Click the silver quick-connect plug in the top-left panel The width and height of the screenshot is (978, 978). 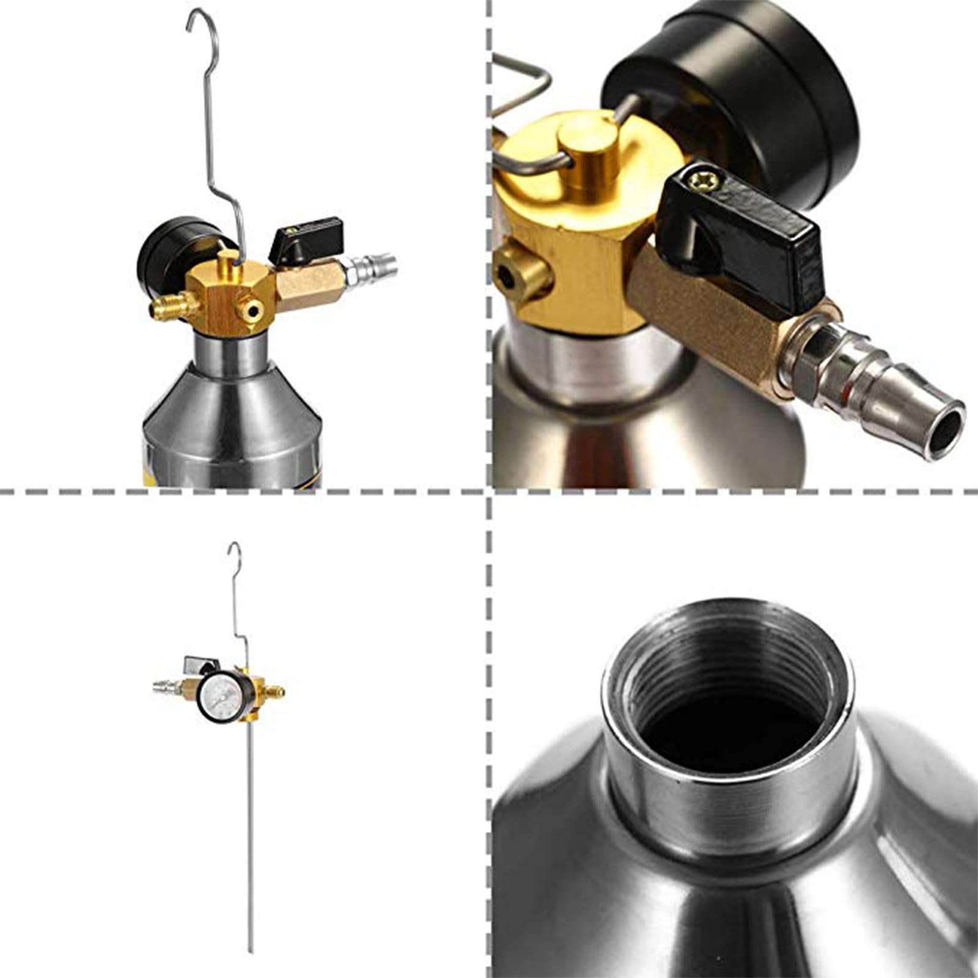tap(373, 268)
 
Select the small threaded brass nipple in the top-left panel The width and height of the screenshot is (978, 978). tap(166, 308)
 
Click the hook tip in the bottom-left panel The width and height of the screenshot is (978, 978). tap(230, 547)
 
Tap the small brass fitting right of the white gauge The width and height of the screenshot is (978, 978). tap(276, 692)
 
